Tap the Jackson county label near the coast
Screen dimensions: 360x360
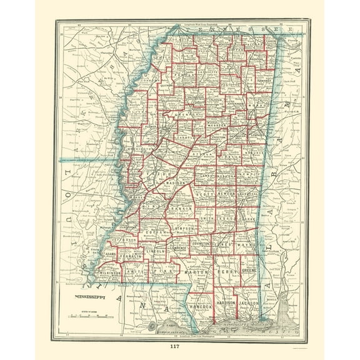point(249,302)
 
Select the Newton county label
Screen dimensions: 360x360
point(227,194)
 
